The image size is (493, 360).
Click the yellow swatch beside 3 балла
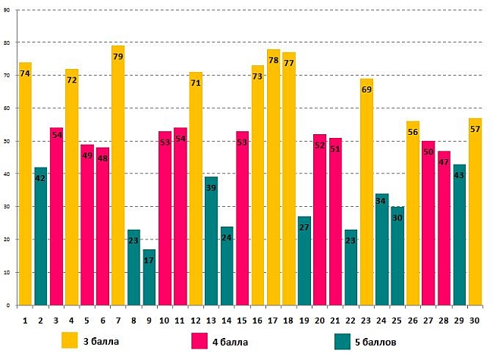[71, 340]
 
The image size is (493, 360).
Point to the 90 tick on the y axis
[8, 10]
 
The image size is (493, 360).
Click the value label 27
[304, 227]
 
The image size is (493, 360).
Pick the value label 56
[413, 133]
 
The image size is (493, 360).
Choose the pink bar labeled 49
[86, 227]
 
